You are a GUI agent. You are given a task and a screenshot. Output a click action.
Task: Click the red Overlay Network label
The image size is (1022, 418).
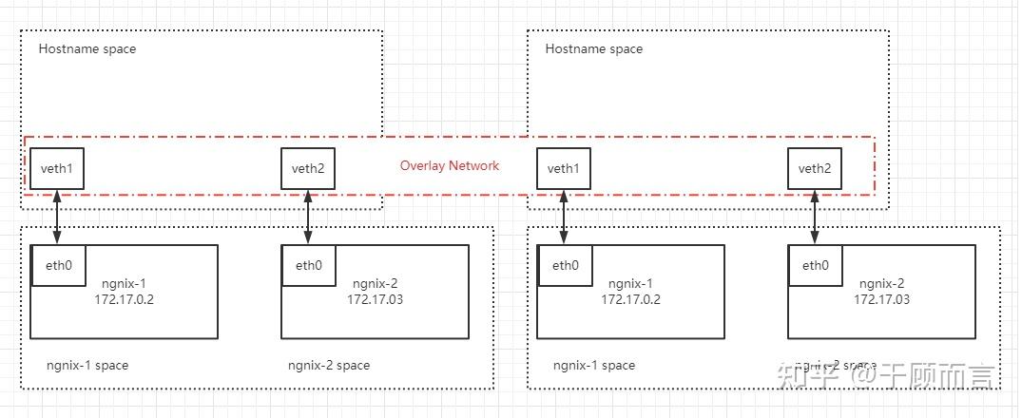click(x=449, y=165)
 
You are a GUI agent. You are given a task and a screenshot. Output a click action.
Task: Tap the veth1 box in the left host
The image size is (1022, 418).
click(x=57, y=168)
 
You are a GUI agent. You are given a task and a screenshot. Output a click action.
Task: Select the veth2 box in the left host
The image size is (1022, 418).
click(x=308, y=168)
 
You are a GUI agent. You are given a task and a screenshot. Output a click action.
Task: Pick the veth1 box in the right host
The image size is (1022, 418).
click(x=564, y=168)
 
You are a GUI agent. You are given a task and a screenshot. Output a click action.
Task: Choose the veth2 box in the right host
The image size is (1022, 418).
click(x=815, y=168)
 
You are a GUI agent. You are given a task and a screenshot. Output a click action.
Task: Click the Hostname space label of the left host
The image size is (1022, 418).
click(x=87, y=48)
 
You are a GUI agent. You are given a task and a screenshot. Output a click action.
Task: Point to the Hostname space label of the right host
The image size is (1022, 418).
click(x=594, y=48)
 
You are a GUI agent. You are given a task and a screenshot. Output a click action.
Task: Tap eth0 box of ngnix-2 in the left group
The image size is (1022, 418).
click(x=308, y=265)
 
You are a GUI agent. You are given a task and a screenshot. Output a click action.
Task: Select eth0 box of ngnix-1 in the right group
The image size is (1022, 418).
click(x=564, y=265)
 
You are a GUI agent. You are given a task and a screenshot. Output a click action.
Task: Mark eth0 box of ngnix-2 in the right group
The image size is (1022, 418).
click(x=815, y=265)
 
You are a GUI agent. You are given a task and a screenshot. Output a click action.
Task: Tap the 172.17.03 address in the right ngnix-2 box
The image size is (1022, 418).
click(x=881, y=299)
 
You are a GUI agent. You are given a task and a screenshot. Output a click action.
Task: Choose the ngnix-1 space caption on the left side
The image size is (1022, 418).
click(x=87, y=365)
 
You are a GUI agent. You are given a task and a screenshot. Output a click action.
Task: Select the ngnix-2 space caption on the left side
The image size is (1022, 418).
click(x=329, y=365)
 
